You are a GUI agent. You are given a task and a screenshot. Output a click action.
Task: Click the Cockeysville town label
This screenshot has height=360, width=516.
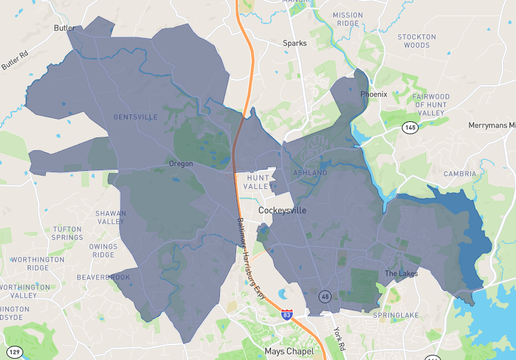pyautogui.click(x=289, y=211)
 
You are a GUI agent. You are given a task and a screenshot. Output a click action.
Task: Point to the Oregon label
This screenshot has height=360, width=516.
pyautogui.click(x=181, y=163)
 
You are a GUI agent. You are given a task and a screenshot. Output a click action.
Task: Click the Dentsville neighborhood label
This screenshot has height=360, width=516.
pyautogui.click(x=136, y=117)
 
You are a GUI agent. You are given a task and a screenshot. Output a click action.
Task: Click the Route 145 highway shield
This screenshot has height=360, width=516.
pyautogui.click(x=410, y=128)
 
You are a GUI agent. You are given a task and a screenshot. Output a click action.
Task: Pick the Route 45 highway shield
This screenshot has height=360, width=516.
pyautogui.click(x=325, y=296)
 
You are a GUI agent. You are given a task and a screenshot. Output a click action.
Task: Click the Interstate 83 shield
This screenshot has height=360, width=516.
pyautogui.click(x=287, y=316)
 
